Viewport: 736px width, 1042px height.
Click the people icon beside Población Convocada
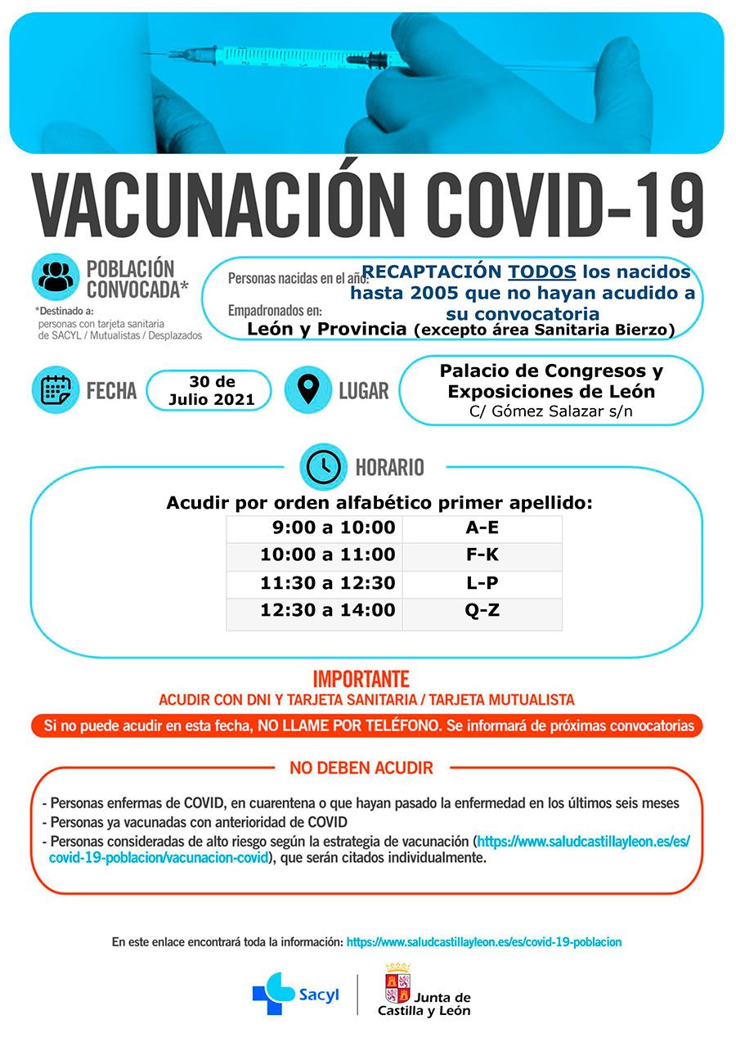click(56, 276)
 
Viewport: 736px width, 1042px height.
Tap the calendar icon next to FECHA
click(56, 389)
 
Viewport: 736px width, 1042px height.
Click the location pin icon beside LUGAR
click(307, 389)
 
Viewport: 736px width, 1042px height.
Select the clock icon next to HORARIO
click(324, 466)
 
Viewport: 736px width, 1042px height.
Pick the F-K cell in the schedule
click(482, 555)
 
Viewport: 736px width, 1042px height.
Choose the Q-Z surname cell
click(482, 610)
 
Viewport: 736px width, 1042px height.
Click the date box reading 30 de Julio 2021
click(211, 391)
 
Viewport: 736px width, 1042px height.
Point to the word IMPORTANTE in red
click(361, 679)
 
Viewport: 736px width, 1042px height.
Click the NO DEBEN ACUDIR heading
click(361, 768)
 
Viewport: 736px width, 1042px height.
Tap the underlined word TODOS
click(542, 272)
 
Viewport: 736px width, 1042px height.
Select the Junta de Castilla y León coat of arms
click(397, 982)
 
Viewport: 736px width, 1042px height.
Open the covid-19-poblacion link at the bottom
click(483, 942)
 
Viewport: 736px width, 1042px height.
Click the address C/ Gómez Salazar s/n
click(550, 411)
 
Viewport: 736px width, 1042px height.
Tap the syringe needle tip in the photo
click(147, 54)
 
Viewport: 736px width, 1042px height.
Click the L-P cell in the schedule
click(482, 583)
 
